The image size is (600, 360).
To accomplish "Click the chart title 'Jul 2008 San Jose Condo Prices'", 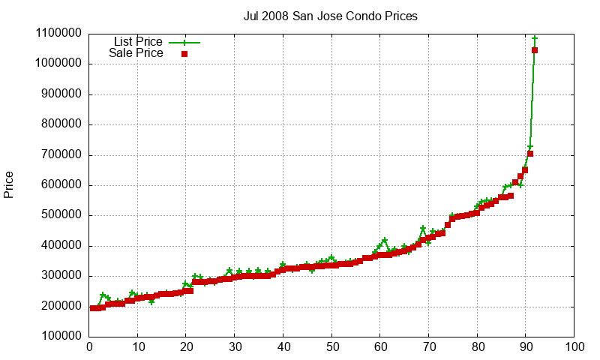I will click(x=331, y=16).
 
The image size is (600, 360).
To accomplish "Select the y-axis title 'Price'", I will click(x=9, y=184).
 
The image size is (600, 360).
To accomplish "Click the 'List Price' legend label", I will click(x=138, y=41).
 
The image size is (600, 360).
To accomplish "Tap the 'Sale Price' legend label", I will click(x=136, y=53).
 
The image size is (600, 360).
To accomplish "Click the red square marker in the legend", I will click(x=184, y=53).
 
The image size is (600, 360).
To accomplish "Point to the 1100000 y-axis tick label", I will click(x=58, y=34).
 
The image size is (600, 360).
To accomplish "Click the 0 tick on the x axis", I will click(x=89, y=347).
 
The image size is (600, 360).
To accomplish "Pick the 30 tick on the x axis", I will click(x=235, y=347).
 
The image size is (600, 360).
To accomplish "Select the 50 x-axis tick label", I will click(x=332, y=347).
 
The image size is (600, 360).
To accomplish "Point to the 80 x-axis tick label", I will click(x=478, y=347).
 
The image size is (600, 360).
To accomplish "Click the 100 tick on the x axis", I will click(x=574, y=347).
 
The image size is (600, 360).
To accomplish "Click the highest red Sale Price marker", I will click(x=535, y=50).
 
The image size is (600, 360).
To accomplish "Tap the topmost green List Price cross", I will click(x=535, y=38).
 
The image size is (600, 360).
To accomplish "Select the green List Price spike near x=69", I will click(x=423, y=229).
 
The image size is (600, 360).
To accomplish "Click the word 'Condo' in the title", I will click(x=349, y=16).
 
